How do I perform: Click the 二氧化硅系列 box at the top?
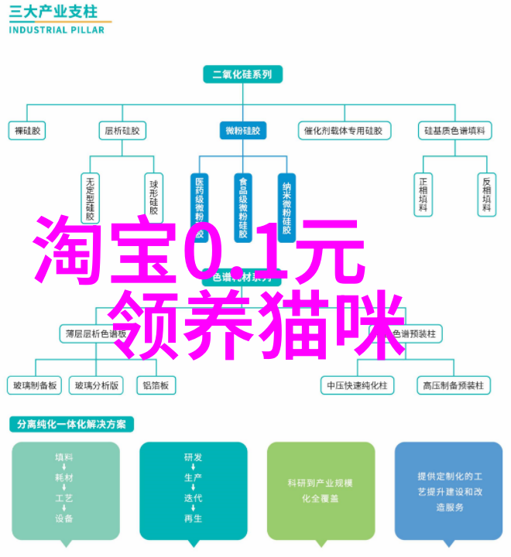point(242,75)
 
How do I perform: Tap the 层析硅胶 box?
point(122,132)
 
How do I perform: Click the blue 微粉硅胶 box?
point(242,132)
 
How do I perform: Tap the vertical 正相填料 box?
point(424,194)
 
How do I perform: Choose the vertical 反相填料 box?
point(486,194)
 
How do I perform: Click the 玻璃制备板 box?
point(33,384)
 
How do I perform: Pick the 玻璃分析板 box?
point(95,384)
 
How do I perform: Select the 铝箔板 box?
point(156,384)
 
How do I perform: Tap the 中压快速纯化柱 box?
point(357,384)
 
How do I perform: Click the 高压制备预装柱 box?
point(453,384)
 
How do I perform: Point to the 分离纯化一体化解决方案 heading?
point(72,425)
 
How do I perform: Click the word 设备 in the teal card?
point(64,518)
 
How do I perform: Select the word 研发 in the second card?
point(194,458)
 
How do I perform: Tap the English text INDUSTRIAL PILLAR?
point(55,30)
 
